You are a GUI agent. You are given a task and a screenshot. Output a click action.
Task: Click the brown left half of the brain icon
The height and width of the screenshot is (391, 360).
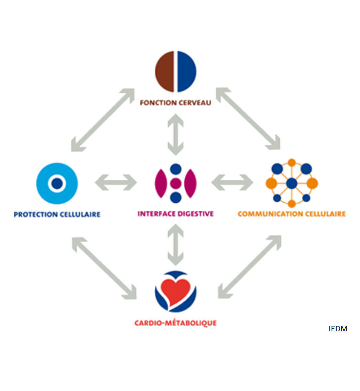click(164, 72)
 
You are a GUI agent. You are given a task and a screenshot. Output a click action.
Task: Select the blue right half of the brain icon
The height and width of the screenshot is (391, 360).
click(187, 72)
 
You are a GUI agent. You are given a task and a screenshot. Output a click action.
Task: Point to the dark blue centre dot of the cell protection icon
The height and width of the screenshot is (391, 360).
click(57, 184)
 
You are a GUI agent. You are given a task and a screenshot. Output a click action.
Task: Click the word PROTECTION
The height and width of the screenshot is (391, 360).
click(36, 215)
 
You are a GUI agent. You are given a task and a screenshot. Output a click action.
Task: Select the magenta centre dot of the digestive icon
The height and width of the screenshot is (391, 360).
click(176, 184)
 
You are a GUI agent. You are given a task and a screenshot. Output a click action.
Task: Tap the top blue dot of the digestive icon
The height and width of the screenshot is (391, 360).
click(176, 169)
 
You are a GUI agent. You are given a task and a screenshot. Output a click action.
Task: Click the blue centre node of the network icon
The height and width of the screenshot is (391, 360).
click(292, 184)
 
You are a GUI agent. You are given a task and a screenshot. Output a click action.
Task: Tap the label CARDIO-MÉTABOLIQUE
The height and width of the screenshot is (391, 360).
click(176, 323)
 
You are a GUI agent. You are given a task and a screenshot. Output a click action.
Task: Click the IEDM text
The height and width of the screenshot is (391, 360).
click(338, 329)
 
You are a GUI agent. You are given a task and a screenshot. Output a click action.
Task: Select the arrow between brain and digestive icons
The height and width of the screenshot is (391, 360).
click(176, 135)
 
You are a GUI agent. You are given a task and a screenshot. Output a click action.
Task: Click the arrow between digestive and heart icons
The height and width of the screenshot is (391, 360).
click(176, 245)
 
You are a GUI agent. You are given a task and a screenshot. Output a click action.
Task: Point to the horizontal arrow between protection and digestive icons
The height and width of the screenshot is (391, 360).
click(116, 183)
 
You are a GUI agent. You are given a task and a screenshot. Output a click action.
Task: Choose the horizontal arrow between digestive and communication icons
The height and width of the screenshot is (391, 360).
click(232, 183)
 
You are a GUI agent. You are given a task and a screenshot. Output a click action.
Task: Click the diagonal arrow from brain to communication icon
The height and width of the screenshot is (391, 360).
click(248, 119)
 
